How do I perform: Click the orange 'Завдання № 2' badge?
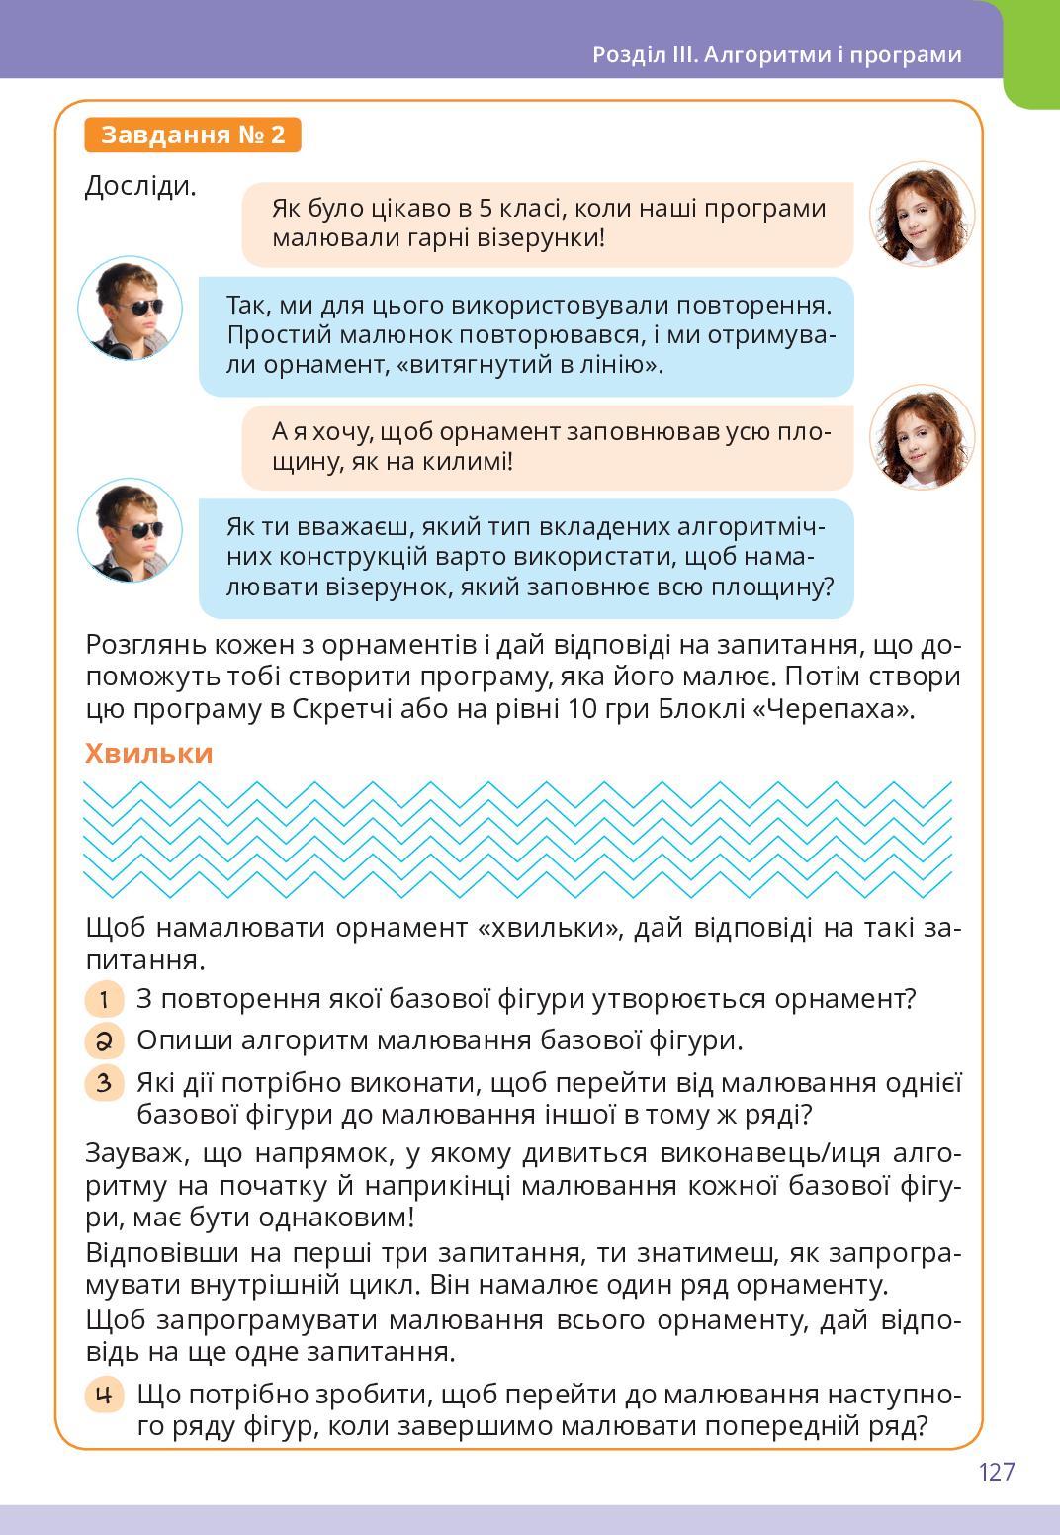coord(193,135)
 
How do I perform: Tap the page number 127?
coord(997,1472)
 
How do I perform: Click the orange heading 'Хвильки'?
coord(148,754)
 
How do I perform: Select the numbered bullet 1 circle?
coord(104,999)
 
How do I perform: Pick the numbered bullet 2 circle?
coord(104,1040)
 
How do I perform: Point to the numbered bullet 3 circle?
coord(104,1082)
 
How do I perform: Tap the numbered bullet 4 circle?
coord(104,1396)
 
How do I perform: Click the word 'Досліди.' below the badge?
coord(140,185)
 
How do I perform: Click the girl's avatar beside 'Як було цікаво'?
coord(922,215)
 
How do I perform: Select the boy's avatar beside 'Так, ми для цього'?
coord(130,308)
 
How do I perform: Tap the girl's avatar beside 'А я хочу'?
coord(922,437)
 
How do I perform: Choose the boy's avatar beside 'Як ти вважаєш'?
coord(130,530)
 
